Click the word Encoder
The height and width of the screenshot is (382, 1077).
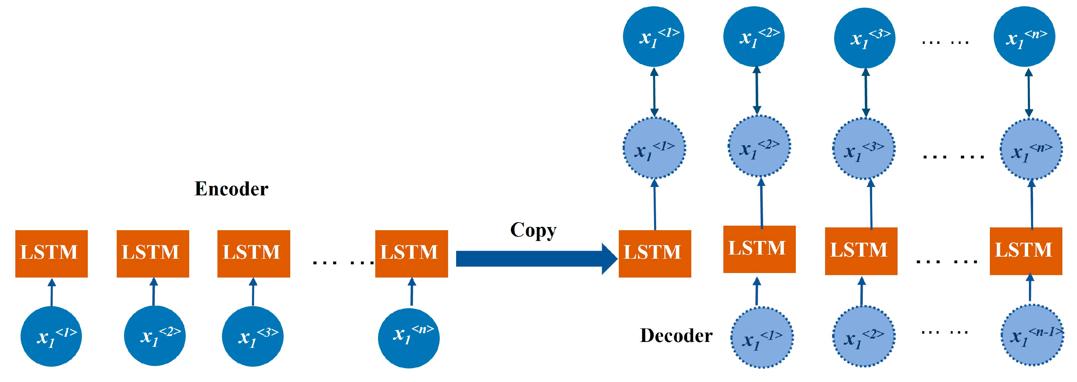coord(231,189)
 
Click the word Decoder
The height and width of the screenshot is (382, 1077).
coord(676,336)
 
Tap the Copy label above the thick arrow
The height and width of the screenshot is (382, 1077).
coord(533,230)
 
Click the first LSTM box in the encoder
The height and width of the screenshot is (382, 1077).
coord(52,253)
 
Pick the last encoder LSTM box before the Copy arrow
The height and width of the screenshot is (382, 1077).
coord(411,253)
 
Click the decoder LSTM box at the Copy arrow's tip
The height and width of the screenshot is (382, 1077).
coord(655,253)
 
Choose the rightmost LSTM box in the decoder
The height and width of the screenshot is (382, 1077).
coord(1025,251)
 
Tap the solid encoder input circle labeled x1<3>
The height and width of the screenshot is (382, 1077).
coord(253,336)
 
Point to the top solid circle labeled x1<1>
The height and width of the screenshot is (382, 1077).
coord(653,36)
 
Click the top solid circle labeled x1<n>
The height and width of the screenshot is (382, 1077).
coord(1024,36)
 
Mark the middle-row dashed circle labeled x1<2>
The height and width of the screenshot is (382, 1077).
coord(759,146)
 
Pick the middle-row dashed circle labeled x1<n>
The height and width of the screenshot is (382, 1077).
coord(1031,149)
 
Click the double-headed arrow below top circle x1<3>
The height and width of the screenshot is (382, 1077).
coord(866,92)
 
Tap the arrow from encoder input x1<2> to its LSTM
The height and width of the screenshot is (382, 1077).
coord(153,292)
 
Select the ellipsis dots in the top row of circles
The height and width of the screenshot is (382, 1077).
coord(945,42)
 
